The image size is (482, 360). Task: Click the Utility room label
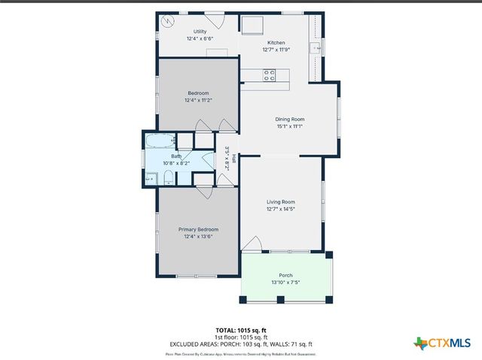200,32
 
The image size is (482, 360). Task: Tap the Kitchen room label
276,44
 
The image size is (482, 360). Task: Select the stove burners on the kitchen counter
269,75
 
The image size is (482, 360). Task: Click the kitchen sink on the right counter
320,47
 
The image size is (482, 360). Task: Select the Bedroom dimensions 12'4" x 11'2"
198,100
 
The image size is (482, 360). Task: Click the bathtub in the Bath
159,141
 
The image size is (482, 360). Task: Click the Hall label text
233,159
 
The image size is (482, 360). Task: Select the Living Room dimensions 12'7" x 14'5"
280,209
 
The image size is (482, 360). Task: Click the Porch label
285,276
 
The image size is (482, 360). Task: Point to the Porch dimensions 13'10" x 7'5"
285,283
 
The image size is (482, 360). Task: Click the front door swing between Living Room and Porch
253,244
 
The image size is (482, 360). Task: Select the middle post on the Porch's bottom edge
280,300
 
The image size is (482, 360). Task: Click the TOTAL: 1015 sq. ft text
241,330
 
